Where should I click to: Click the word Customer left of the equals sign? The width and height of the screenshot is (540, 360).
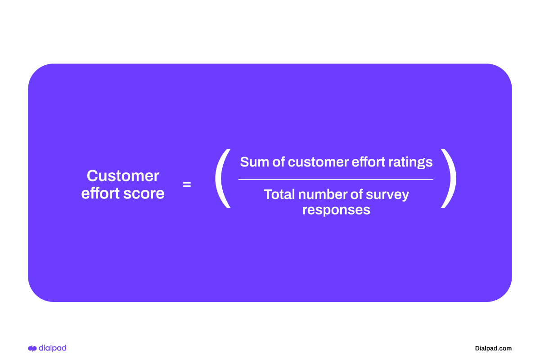(123, 176)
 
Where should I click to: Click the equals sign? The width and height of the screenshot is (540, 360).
(187, 184)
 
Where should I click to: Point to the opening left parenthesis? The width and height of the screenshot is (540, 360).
(222, 179)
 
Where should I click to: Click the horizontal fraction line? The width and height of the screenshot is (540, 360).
(336, 180)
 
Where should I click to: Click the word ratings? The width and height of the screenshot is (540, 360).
(412, 162)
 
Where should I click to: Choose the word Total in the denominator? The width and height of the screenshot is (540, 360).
(279, 194)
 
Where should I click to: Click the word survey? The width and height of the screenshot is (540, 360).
(388, 195)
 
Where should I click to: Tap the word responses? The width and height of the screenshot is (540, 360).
(336, 210)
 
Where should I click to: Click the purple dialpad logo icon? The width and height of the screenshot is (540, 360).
(32, 348)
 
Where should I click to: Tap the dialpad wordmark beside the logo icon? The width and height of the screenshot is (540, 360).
(53, 348)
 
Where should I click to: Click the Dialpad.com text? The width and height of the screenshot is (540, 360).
(493, 348)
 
